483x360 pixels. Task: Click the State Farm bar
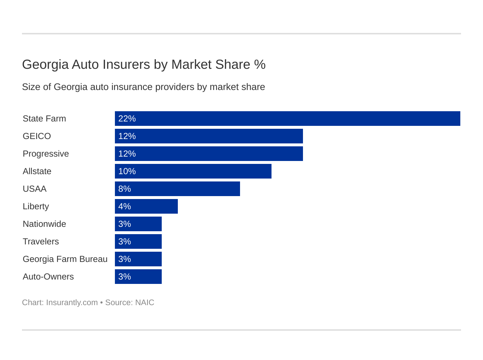(287, 119)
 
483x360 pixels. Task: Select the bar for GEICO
(209, 136)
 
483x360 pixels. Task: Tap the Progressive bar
(209, 154)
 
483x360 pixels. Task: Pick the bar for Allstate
(193, 171)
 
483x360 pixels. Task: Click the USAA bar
(177, 189)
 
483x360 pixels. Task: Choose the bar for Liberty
(146, 206)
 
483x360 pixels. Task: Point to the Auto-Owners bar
(138, 277)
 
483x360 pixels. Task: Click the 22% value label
(127, 119)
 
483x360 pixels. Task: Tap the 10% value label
(127, 171)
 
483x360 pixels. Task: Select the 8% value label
(124, 189)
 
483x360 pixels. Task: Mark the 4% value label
(124, 206)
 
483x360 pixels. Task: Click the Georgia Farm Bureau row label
(65, 259)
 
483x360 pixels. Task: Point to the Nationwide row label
(44, 224)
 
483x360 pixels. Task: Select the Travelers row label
(41, 241)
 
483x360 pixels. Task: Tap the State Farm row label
(44, 119)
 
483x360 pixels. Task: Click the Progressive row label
(46, 154)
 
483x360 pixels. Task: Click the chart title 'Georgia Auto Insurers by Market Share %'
(144, 64)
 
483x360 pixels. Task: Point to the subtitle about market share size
(143, 87)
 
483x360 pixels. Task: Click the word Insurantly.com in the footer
(72, 303)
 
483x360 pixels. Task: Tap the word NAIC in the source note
(145, 303)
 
